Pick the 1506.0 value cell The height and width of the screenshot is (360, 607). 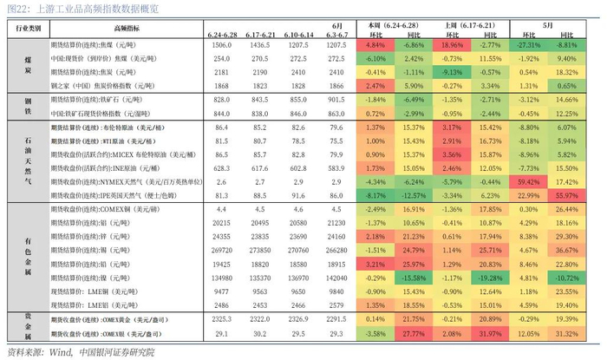coord(224,43)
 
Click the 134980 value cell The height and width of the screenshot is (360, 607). coord(224,278)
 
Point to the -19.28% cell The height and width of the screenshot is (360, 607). coord(490,278)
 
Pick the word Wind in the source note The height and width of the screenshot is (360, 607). coord(58,351)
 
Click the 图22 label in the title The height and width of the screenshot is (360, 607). coord(19,8)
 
